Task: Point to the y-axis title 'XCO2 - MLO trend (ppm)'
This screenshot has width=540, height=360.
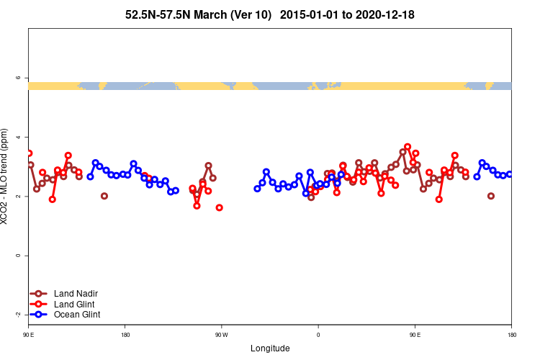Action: pos(6,177)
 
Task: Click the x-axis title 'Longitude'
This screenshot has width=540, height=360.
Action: pos(270,348)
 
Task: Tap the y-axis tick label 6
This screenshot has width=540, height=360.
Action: pos(19,78)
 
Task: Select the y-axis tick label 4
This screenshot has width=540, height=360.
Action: pos(19,137)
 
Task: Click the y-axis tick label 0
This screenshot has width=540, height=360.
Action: pos(19,256)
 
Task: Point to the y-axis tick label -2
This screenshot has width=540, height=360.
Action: pos(18,315)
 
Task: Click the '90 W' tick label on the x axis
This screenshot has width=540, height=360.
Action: pos(221,335)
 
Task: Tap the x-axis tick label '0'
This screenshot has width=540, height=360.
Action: pos(318,335)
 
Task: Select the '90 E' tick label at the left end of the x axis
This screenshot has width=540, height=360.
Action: pos(29,335)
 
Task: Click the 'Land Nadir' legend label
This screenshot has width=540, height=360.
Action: pos(76,294)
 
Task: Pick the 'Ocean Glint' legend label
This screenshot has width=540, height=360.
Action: pos(77,315)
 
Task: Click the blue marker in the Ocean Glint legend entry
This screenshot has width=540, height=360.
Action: pos(40,315)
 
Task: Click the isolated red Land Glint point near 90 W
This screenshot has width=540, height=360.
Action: pos(219,207)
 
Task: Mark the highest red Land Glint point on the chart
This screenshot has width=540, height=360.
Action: pos(408,147)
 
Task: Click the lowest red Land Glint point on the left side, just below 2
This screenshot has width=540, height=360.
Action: pos(53,199)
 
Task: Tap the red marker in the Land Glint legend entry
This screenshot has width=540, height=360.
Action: pos(40,304)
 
